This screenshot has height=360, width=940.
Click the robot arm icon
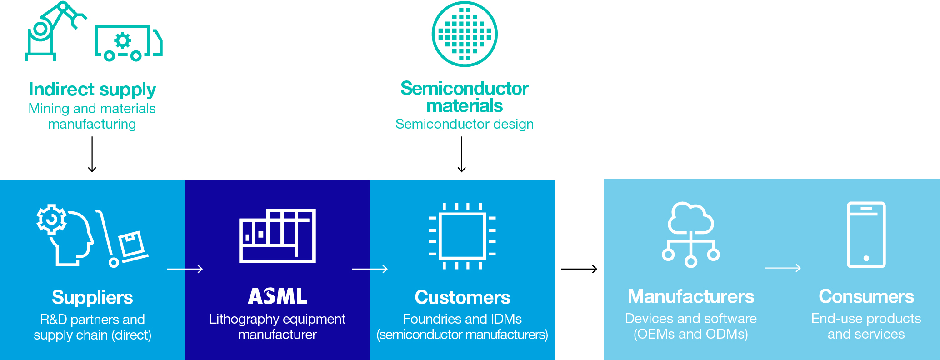pos(52,31)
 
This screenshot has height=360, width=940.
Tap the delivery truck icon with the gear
pos(129,43)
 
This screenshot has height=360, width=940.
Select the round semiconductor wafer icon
pos(464,34)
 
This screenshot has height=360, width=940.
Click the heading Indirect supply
pos(92,89)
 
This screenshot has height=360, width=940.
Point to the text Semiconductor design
pos(464,124)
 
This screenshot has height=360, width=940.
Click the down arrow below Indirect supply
pos(92,155)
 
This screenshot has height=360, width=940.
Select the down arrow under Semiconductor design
pos(462,155)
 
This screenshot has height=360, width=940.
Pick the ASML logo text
pos(277,296)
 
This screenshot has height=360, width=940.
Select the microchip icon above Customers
pos(462,236)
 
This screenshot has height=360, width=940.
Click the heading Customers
pos(462,297)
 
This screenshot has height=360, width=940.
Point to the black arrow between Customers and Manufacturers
pos(579,269)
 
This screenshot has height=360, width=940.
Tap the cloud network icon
pos(690,234)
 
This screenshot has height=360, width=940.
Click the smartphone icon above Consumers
pos(866,235)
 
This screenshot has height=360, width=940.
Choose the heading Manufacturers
pos(690,296)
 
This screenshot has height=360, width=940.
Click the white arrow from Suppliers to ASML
pos(185,269)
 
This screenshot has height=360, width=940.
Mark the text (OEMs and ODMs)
pos(690,334)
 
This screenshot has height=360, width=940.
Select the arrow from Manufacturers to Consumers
pos(782,268)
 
